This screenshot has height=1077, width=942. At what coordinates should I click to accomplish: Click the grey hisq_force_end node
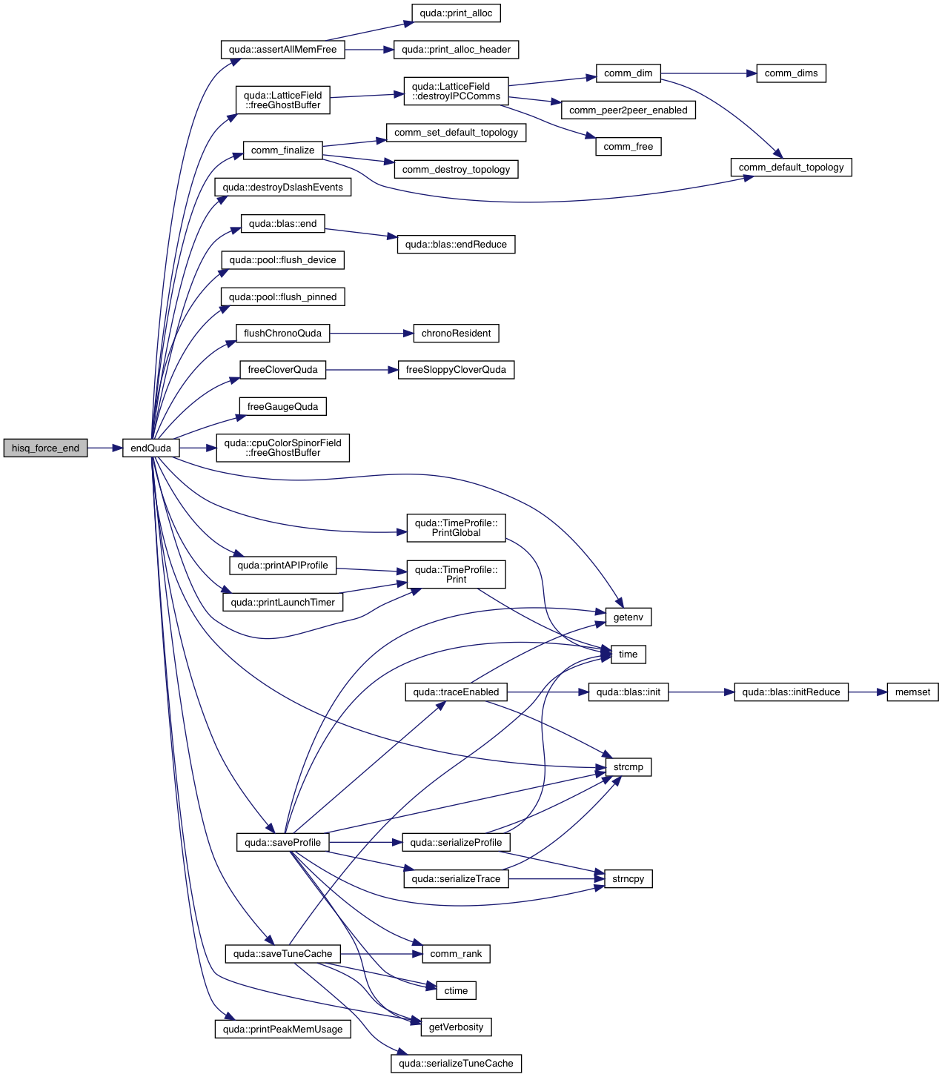pos(45,448)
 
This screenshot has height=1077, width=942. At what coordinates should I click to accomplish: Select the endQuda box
pos(150,448)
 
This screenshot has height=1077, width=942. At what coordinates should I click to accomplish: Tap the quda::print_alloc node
pos(456,13)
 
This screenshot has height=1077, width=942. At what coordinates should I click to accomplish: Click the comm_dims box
pos(791,73)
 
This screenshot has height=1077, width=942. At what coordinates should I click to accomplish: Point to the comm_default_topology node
pos(791,168)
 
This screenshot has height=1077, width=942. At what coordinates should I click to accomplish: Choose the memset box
pos(912,692)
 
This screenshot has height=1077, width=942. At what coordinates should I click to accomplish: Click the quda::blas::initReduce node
pos(791,692)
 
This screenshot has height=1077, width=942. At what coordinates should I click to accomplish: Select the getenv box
pos(628,617)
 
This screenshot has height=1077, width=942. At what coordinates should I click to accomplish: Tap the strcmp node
pos(628,767)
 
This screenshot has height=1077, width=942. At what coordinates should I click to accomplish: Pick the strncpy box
pos(628,879)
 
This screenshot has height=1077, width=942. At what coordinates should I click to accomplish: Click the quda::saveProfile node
pos(282,843)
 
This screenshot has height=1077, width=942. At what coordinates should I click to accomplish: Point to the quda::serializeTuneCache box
pos(456,1064)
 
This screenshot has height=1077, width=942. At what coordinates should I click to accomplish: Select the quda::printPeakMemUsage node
pos(282,1030)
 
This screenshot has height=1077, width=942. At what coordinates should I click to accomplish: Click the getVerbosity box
pos(456,1027)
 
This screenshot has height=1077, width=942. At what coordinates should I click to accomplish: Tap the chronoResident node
pos(456,334)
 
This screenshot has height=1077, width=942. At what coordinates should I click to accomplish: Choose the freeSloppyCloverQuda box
pos(456,370)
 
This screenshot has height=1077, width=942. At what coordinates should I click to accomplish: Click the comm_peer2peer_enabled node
pos(628,110)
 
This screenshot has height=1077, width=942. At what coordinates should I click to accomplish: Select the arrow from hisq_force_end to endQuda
pos(105,448)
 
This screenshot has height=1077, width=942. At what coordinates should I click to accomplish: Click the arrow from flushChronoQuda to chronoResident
pos(371,334)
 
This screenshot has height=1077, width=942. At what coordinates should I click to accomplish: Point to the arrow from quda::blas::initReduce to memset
pos(867,692)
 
